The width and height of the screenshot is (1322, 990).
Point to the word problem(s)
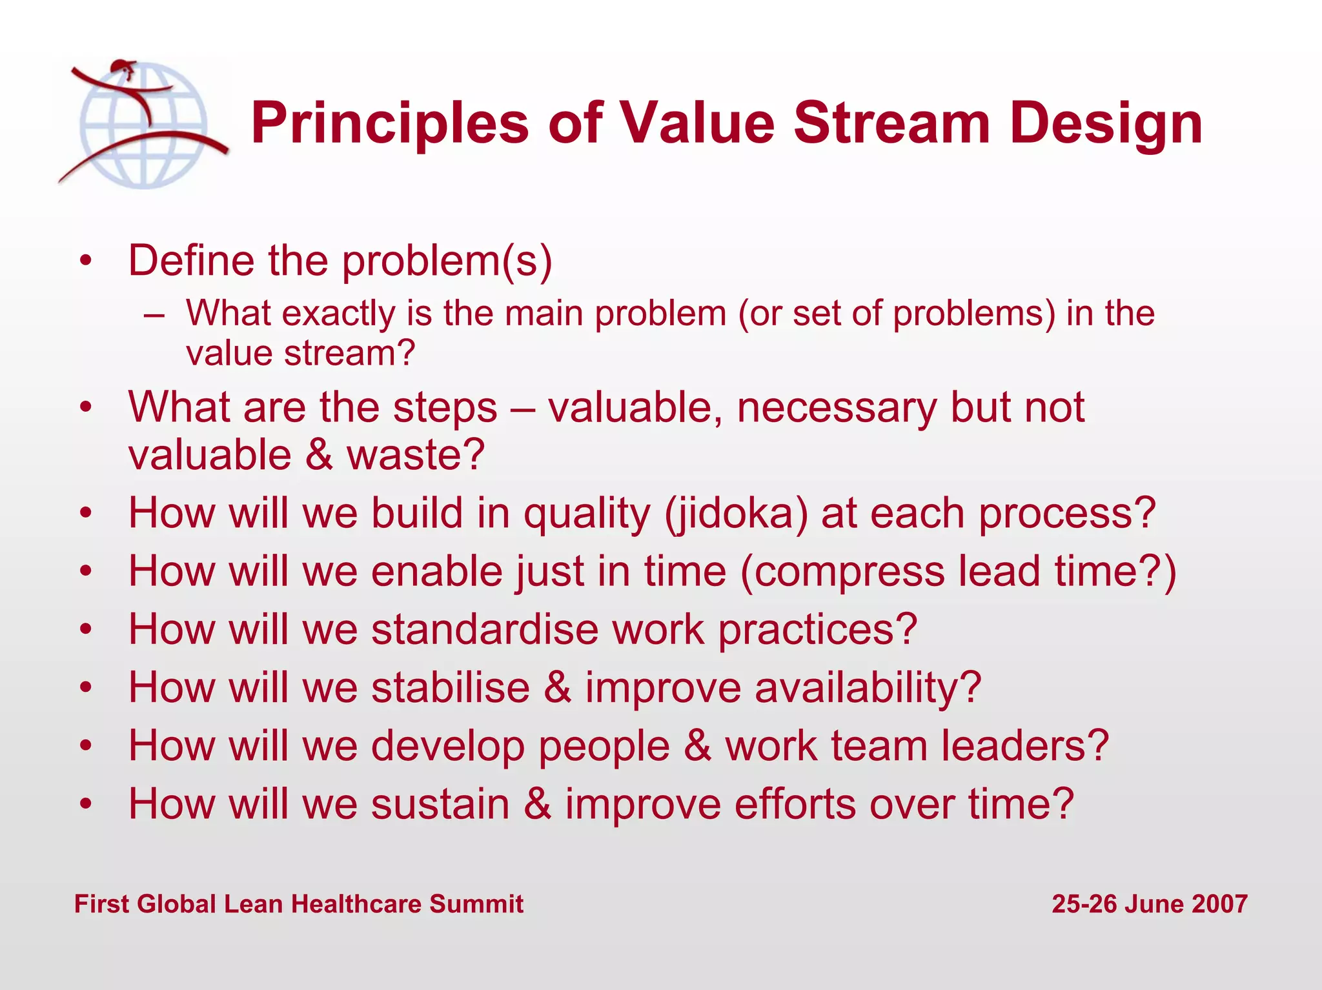coord(447,261)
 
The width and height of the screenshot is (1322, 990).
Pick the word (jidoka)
coord(736,514)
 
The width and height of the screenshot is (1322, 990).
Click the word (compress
coord(842,572)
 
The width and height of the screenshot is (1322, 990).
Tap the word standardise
coord(485,629)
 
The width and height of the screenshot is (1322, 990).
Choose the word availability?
coord(868,688)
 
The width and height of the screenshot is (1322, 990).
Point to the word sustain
coord(440,805)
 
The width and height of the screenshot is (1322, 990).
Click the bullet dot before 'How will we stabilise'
coord(86,688)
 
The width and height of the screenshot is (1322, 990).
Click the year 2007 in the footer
coord(1219,904)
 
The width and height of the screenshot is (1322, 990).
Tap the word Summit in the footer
coord(476,904)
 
